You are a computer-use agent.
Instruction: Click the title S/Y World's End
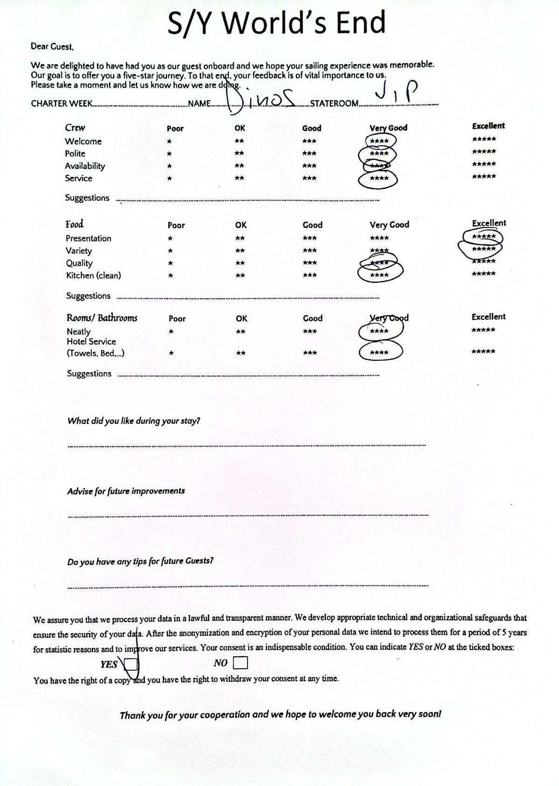[x=277, y=23]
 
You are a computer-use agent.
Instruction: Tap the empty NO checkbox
[x=240, y=662]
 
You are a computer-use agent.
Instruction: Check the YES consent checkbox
[x=131, y=664]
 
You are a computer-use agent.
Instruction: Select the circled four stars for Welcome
[x=379, y=141]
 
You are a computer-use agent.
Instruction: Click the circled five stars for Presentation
[x=484, y=237]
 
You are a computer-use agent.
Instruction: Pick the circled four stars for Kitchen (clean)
[x=379, y=275]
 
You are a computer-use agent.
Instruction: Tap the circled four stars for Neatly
[x=379, y=331]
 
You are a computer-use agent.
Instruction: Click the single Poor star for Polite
[x=169, y=154]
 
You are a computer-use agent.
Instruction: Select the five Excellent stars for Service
[x=484, y=176]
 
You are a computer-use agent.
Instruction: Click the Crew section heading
[x=75, y=128]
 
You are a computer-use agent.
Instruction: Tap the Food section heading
[x=75, y=224]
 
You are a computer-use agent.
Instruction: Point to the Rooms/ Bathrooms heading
[x=102, y=318]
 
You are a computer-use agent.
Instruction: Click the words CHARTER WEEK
[x=61, y=103]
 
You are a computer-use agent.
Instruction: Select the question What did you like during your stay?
[x=134, y=421]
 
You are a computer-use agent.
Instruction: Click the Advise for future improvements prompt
[x=126, y=491]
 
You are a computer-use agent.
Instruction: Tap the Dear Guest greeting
[x=52, y=47]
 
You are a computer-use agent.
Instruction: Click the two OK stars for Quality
[x=240, y=263]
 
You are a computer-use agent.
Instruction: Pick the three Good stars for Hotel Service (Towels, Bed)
[x=310, y=353]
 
